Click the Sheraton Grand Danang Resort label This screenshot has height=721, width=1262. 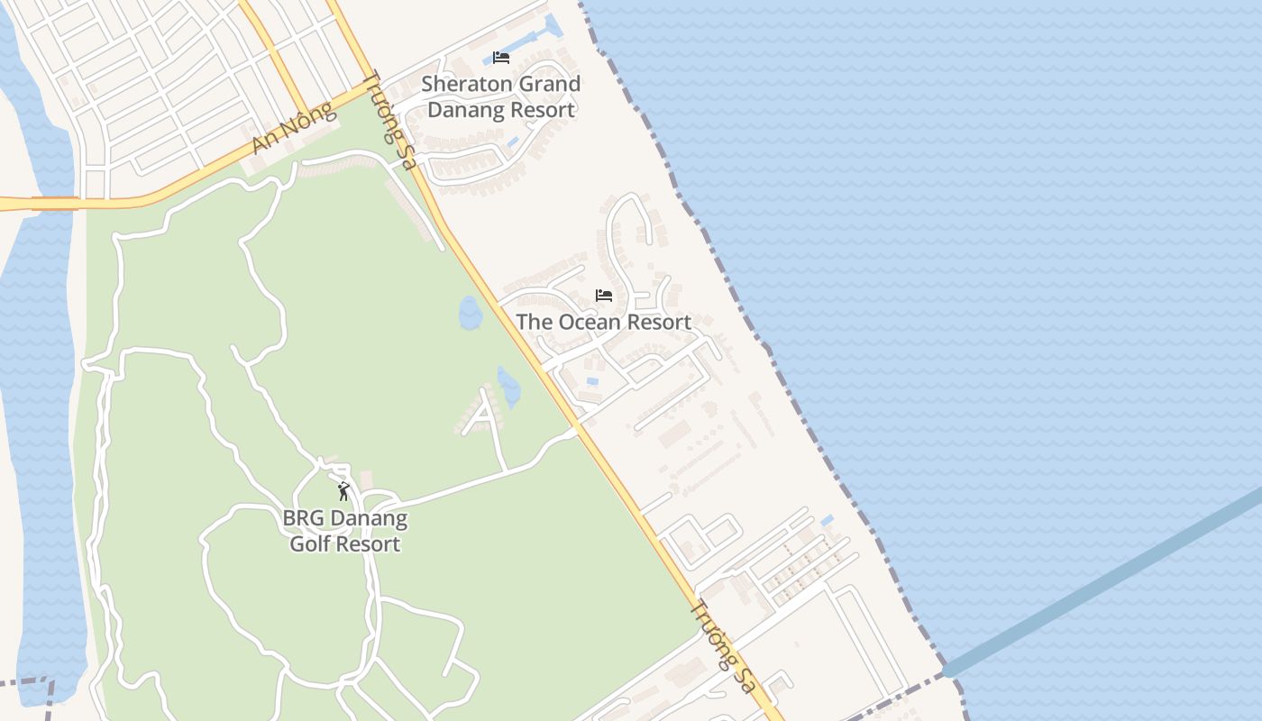pos(501,96)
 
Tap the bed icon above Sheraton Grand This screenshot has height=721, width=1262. pos(501,57)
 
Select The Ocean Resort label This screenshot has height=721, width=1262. pos(603,322)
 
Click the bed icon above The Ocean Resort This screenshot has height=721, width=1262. pos(603,295)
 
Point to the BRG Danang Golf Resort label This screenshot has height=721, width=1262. pos(344,531)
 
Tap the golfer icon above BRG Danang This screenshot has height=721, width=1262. pos(343,491)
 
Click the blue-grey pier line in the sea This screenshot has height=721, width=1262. pos(1100,586)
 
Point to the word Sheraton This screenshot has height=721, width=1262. pos(465,84)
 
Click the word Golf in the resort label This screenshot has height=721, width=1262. pos(309,543)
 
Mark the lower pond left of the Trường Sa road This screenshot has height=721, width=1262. pos(509,387)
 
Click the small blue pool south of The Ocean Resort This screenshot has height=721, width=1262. pos(592,382)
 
